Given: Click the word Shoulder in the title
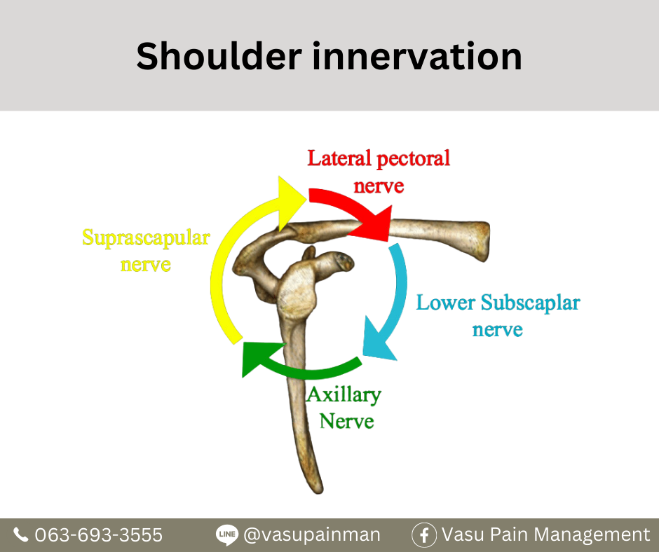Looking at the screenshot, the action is pyautogui.click(x=219, y=56).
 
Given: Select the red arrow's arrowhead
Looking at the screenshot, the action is pyautogui.click(x=373, y=225).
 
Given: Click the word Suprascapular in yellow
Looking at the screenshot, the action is pyautogui.click(x=146, y=238).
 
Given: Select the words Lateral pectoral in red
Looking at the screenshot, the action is pyautogui.click(x=379, y=159).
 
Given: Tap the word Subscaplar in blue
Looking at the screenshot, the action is pyautogui.click(x=531, y=303).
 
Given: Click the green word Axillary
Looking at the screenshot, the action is pyautogui.click(x=344, y=395).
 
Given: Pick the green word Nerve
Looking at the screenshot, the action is pyautogui.click(x=347, y=421).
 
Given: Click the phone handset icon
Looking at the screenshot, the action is pyautogui.click(x=20, y=534).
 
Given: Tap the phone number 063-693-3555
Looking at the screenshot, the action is pyautogui.click(x=98, y=534).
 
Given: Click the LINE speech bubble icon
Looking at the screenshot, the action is pyautogui.click(x=227, y=534).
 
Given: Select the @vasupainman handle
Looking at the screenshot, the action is pyautogui.click(x=312, y=534).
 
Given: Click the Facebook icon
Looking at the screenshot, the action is pyautogui.click(x=424, y=535).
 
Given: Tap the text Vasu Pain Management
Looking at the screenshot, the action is pyautogui.click(x=545, y=534).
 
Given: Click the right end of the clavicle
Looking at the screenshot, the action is pyautogui.click(x=485, y=241).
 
